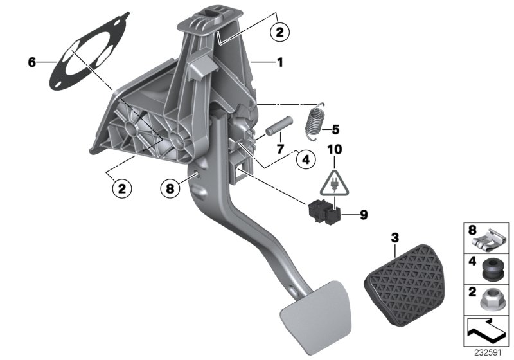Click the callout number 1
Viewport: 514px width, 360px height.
click(279, 63)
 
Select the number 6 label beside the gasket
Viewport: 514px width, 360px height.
click(31, 62)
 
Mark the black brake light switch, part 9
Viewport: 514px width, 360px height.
click(323, 211)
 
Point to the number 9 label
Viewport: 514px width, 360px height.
click(363, 215)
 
